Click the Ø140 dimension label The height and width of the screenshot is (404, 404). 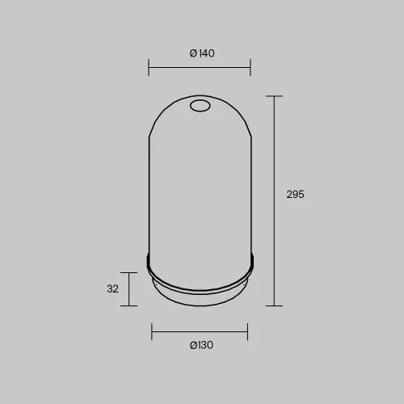click(202, 53)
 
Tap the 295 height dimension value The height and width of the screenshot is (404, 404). click(295, 194)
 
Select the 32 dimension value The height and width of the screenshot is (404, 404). click(112, 289)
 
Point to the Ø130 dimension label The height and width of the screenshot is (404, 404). click(201, 345)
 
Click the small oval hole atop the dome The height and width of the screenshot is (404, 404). click(200, 106)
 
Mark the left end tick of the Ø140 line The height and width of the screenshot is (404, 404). click(149, 67)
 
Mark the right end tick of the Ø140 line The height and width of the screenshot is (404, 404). click(250, 67)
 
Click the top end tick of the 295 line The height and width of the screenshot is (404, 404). click(274, 96)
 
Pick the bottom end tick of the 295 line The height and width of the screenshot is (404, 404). click(274, 305)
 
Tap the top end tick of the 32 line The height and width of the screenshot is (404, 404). click(128, 272)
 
